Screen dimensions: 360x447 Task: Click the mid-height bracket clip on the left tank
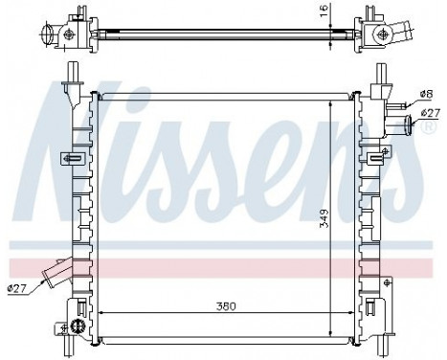click(69, 158)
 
